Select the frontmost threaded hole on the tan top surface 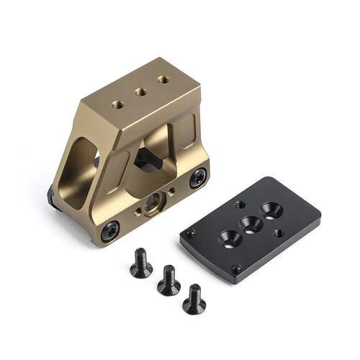[118, 105]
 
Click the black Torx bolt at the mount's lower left [109, 231]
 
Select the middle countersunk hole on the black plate [250, 222]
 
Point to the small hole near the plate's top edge [239, 204]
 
